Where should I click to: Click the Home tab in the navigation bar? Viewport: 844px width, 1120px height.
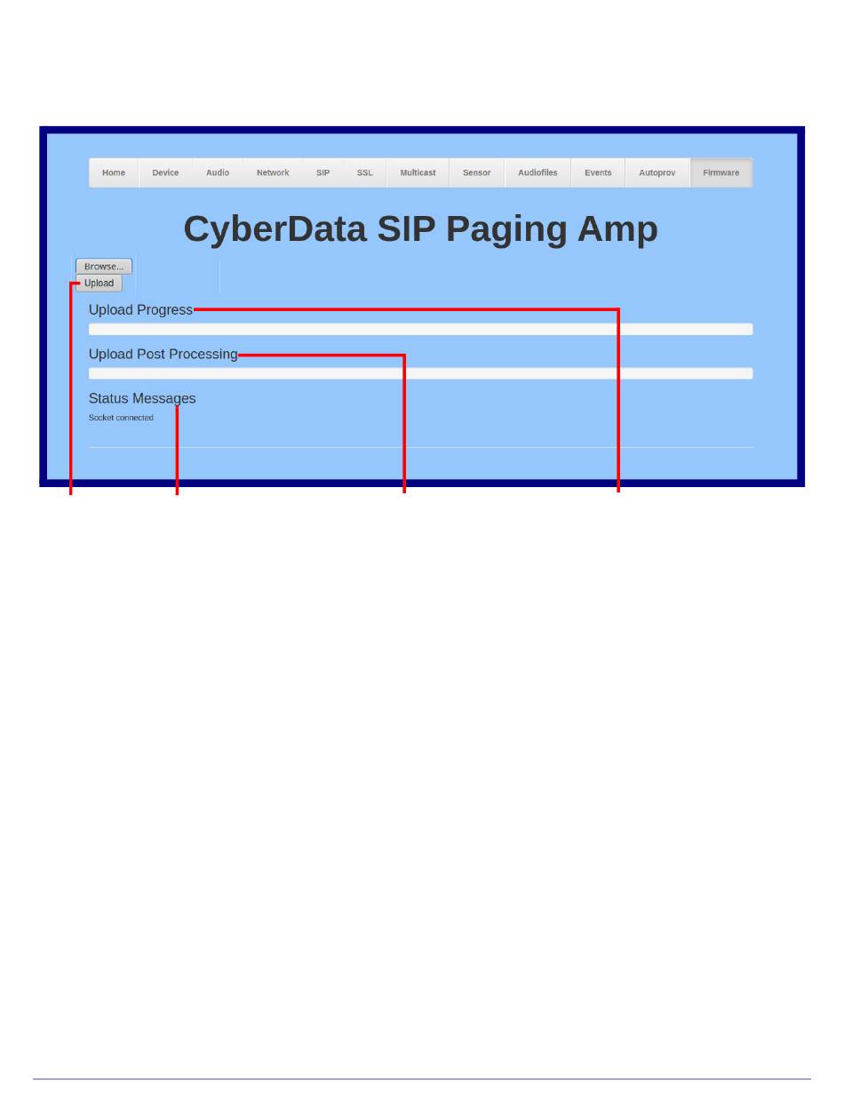[114, 172]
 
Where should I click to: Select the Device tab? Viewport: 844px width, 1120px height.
[165, 172]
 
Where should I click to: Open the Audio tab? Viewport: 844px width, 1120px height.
[218, 172]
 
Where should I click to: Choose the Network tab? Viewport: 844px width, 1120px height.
[273, 172]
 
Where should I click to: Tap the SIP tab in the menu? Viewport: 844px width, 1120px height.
[322, 172]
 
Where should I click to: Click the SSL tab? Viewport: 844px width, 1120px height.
[364, 172]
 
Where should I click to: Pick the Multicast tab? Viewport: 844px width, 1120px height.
[418, 172]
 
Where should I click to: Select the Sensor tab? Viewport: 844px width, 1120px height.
[476, 172]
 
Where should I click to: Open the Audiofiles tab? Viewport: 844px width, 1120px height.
[537, 172]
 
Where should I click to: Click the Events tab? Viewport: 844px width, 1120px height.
[598, 172]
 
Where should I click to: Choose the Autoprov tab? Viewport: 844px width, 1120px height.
[657, 172]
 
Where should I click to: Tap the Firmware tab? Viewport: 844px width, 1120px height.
[721, 172]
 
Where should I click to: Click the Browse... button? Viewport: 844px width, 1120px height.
[104, 266]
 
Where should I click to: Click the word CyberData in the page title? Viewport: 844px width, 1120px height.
[275, 228]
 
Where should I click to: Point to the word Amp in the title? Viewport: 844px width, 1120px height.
[617, 228]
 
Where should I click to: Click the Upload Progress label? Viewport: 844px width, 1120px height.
[140, 310]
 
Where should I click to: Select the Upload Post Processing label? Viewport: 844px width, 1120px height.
[163, 355]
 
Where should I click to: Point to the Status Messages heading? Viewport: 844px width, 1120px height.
[142, 399]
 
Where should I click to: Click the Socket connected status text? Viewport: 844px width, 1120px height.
[121, 418]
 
